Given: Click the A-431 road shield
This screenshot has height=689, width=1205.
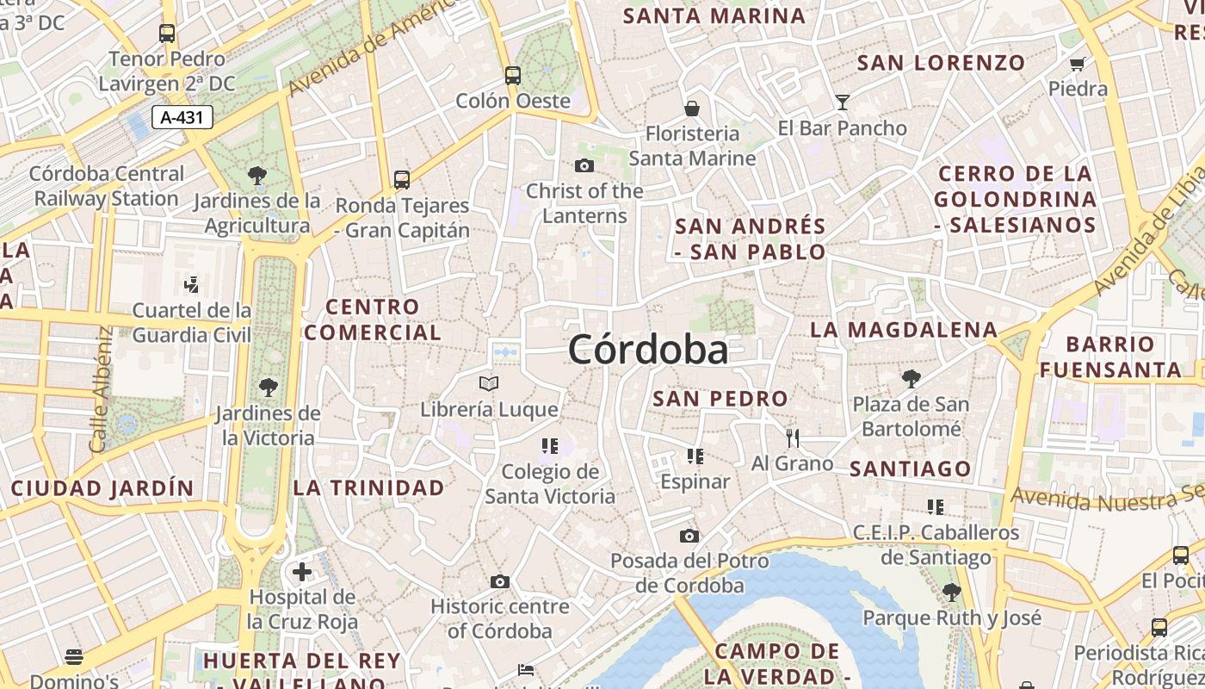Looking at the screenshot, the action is coord(182,117).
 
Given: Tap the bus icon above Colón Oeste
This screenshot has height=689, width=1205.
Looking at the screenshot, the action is coord(513,76).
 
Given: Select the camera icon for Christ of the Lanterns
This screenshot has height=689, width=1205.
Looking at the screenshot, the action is coord(584,165).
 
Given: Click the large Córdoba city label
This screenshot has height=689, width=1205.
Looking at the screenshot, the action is coord(648,350).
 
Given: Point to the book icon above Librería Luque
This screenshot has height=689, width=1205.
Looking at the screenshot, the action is coord(489,383).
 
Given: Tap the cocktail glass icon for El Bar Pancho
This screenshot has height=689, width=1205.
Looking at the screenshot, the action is coord(842,102).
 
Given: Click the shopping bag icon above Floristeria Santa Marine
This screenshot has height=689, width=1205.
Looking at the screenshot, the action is coord(692,109).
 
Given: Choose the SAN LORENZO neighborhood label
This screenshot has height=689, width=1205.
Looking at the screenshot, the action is coord(942,63).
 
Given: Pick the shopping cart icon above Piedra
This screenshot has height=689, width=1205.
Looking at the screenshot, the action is coord(1078,64).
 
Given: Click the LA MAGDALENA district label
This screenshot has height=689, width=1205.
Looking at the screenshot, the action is coord(904,330).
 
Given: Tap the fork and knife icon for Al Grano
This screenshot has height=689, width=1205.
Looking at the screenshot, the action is coord(793,438).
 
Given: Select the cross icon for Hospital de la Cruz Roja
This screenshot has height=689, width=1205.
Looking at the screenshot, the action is coord(302,572).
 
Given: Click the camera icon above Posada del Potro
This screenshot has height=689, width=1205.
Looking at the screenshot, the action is coord(689,537).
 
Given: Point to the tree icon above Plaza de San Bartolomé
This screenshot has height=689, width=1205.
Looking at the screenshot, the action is coord(911,378).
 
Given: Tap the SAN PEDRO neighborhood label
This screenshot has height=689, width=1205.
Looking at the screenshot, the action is coord(720,399).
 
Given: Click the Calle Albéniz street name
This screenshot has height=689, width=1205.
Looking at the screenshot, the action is coord(101,389).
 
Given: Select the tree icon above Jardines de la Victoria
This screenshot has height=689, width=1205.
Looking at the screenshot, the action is coord(269,388).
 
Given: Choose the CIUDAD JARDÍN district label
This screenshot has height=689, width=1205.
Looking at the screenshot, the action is coord(102,488).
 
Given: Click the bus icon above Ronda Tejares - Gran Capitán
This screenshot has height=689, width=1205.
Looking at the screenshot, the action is coord(402,180).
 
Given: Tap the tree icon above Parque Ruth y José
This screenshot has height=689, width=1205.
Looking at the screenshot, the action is coord(952,592).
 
